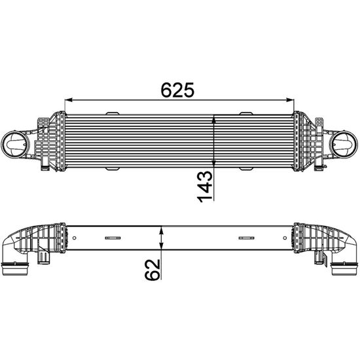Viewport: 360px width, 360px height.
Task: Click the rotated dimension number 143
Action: (x=206, y=185)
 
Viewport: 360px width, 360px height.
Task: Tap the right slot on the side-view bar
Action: (x=247, y=238)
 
